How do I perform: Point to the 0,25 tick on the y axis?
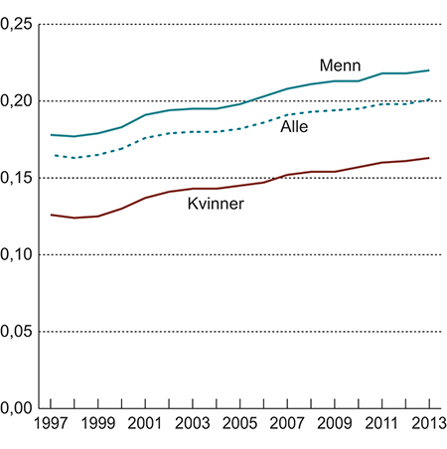(x=17, y=24)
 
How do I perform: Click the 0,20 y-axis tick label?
(x=17, y=100)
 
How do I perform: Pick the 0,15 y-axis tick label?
(x=17, y=178)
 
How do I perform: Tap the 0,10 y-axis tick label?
(x=17, y=254)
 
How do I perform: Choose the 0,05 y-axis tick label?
(x=17, y=331)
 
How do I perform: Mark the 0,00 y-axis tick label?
(x=17, y=407)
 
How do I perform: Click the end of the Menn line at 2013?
(x=430, y=71)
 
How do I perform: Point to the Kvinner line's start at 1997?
(x=51, y=215)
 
